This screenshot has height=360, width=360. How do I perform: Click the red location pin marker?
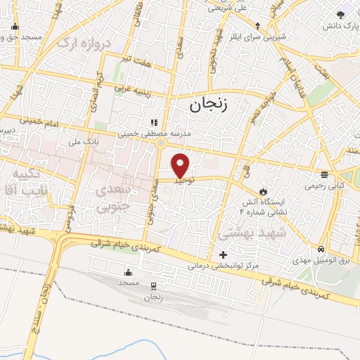point(181,165)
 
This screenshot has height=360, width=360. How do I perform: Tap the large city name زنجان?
point(210,105)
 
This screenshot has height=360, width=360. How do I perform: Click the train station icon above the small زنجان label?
point(153,286)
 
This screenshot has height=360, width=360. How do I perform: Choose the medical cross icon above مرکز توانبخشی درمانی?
point(224,255)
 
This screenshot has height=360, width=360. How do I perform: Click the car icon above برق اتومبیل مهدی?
point(321,249)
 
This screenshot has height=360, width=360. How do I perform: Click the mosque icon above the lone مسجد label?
point(128,271)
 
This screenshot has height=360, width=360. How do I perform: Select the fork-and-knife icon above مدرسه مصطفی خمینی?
point(154,121)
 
